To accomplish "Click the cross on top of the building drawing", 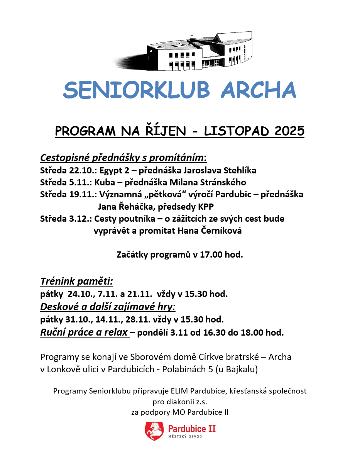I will (x=191, y=36).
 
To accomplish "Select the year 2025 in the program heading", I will (x=289, y=131).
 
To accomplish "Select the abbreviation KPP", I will (x=206, y=207).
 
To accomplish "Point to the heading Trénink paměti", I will (x=76, y=281).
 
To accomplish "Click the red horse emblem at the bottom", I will (x=154, y=431).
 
